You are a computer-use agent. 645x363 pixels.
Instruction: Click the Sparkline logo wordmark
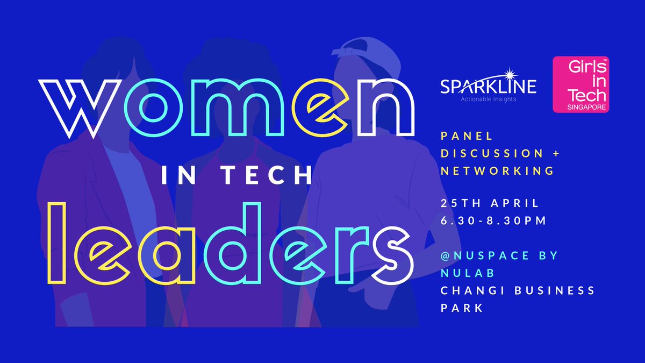(x=488, y=86)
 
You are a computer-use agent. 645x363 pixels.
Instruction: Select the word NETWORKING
(x=497, y=171)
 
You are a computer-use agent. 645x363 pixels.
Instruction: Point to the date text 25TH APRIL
(x=490, y=204)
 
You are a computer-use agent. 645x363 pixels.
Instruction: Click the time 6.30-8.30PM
(x=493, y=221)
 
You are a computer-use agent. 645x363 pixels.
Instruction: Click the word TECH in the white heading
(x=269, y=175)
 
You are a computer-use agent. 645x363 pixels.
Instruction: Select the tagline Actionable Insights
(x=487, y=99)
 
